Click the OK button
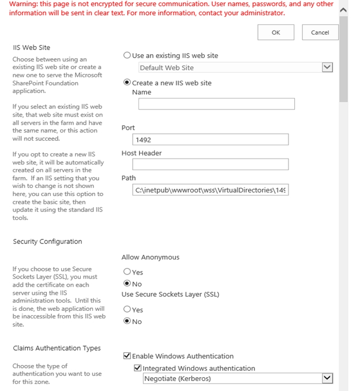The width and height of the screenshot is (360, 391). click(276, 32)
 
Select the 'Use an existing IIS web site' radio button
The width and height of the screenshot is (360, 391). click(127, 55)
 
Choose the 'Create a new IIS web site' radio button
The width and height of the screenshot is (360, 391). click(127, 82)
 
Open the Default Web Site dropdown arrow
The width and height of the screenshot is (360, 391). click(327, 67)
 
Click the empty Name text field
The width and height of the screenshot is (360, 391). click(216, 104)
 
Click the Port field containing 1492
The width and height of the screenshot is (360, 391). click(211, 140)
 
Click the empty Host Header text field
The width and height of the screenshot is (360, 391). click(211, 164)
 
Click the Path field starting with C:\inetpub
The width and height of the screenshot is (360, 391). click(211, 190)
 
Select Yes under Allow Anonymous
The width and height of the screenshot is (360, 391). click(127, 272)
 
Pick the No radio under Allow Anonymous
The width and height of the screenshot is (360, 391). click(127, 284)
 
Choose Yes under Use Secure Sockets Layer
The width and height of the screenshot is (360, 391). click(127, 310)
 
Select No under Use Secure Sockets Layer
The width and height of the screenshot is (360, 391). click(127, 321)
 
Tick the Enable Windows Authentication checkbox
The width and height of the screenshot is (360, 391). click(127, 356)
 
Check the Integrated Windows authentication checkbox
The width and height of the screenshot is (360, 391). click(137, 368)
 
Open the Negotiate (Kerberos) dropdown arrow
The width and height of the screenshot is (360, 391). click(327, 378)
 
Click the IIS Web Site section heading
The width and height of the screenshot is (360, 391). click(31, 47)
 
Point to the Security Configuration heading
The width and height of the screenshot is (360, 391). click(47, 241)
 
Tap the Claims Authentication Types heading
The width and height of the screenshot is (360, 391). click(57, 348)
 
